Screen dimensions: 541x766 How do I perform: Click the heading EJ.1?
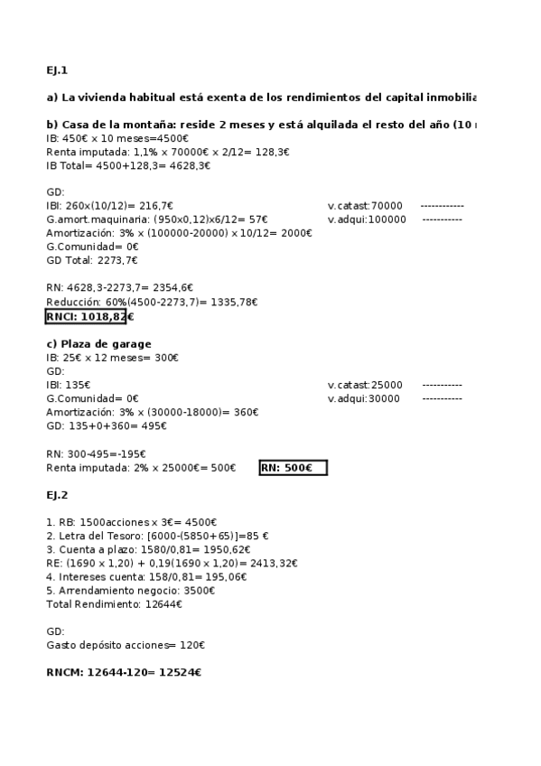[57, 70]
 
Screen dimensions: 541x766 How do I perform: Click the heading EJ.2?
[57, 495]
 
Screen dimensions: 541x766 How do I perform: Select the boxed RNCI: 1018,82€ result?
[86, 316]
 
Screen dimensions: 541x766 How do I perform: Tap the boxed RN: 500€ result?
[292, 467]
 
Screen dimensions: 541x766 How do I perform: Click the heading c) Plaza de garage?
[98, 343]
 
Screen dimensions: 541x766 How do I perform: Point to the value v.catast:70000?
[365, 206]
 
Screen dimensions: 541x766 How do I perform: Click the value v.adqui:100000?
[367, 220]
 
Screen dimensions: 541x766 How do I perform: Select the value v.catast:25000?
[365, 385]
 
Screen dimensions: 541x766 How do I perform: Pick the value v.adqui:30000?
[365, 398]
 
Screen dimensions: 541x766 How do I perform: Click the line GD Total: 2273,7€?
[91, 260]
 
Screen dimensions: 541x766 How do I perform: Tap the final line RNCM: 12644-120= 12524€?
[124, 672]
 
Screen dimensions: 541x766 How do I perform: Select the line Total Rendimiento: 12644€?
[114, 603]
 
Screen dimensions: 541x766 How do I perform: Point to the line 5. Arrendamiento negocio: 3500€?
[131, 590]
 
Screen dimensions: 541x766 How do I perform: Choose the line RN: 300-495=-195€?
[96, 453]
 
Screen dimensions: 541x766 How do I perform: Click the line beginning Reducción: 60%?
[152, 303]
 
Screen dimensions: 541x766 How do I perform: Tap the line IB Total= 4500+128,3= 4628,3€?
[127, 165]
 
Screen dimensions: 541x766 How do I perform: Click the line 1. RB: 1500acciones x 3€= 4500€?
[131, 522]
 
